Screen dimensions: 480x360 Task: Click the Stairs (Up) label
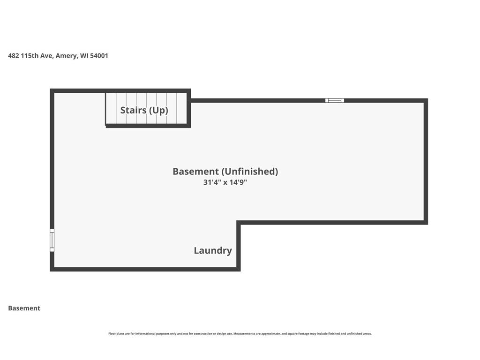(144, 110)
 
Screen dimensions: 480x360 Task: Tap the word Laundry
(213, 251)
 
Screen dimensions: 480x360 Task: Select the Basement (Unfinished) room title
(225, 172)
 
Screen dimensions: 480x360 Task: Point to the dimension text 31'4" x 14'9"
(225, 182)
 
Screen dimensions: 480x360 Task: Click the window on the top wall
(335, 100)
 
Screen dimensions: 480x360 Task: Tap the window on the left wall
(52, 240)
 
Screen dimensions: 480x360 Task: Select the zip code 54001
(99, 56)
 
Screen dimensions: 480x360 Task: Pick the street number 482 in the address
(14, 56)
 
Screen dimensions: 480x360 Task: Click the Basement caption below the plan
(24, 308)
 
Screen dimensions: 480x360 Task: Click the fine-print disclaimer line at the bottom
(240, 334)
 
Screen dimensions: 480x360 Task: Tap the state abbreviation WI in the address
(84, 56)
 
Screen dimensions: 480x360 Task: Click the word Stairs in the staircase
(133, 110)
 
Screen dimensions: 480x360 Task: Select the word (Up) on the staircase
(158, 110)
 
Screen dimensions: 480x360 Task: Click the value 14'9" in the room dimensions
(238, 182)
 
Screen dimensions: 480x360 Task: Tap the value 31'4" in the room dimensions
(212, 182)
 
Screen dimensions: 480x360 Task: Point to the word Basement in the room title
(195, 172)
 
